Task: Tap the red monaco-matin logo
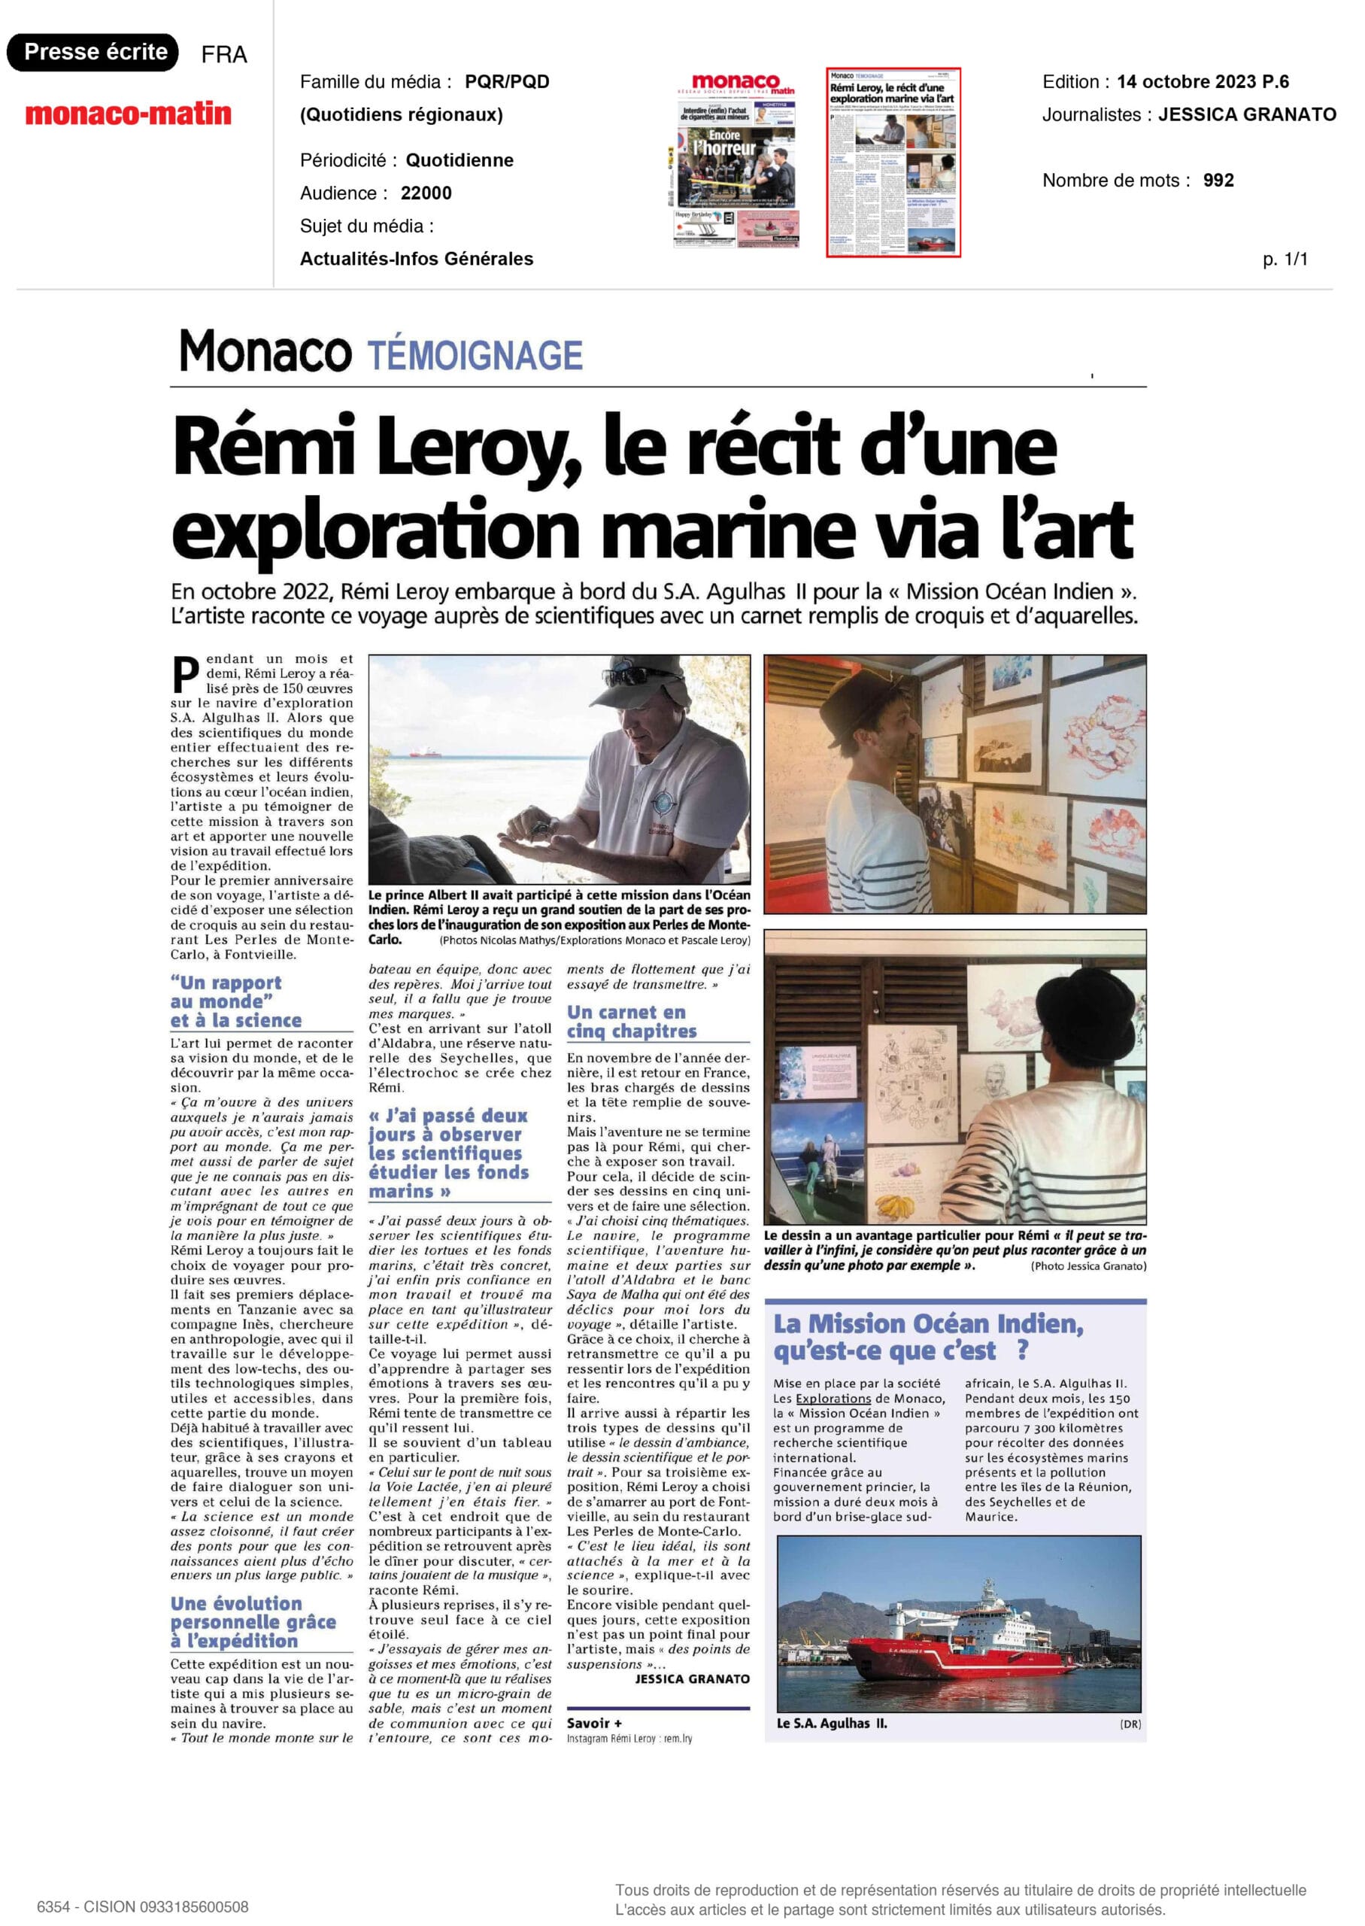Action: coord(128,114)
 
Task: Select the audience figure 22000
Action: coord(426,193)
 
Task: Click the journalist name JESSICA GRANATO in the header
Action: coord(1246,114)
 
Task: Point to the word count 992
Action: coord(1218,180)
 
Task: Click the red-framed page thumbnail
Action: coord(893,162)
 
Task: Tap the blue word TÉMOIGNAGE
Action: coord(475,356)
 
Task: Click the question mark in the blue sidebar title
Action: coord(1021,1351)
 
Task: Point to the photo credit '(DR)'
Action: coord(1130,1724)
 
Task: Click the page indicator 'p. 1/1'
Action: coord(1285,259)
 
